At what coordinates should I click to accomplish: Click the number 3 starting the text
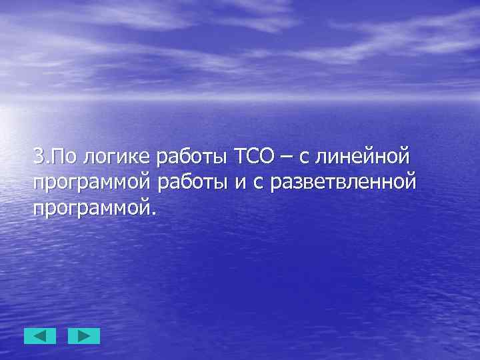tap(38, 158)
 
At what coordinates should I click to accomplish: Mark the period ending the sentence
tap(155, 212)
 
